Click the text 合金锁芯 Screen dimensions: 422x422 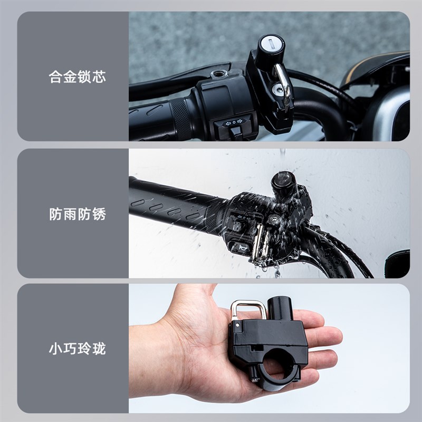point(77,76)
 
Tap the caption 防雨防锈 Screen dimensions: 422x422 point(77,214)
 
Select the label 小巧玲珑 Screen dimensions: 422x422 point(77,349)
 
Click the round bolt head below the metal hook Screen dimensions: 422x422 point(276,91)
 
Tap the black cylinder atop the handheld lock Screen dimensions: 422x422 point(281,309)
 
